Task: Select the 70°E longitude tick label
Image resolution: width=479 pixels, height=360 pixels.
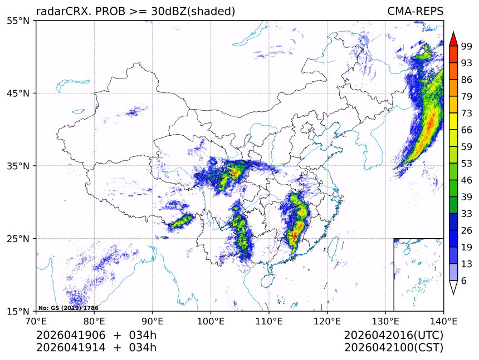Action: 36,321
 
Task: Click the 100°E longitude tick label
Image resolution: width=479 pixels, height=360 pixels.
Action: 211,321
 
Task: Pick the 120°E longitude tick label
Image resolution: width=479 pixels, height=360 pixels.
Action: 327,321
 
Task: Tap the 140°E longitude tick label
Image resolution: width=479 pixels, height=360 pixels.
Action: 443,321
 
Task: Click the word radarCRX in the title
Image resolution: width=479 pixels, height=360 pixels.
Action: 59,11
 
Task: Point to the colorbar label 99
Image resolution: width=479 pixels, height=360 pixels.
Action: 467,46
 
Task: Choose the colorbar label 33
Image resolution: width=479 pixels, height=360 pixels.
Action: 467,214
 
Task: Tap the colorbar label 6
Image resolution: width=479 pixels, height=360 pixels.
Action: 464,281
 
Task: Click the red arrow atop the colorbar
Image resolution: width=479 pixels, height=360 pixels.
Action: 453,38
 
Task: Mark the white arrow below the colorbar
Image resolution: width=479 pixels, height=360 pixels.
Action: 453,287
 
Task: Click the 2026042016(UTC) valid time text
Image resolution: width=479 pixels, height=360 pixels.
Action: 393,336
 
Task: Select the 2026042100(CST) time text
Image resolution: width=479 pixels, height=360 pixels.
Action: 393,348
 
